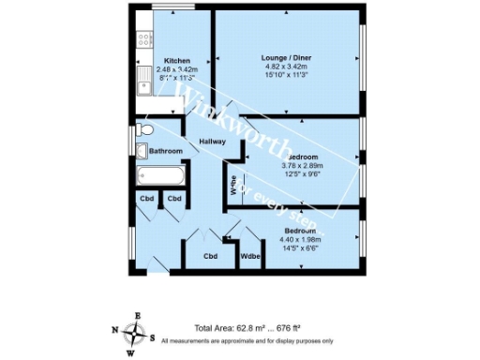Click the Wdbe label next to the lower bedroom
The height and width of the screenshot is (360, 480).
(x=250, y=256)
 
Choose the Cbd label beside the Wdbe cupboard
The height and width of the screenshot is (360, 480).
(x=211, y=256)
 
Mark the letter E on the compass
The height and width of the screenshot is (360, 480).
(x=140, y=315)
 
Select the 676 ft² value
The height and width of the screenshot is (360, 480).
(x=294, y=329)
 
